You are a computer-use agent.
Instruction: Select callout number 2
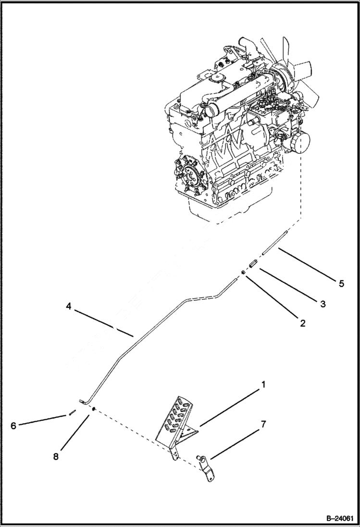pyautogui.click(x=302, y=323)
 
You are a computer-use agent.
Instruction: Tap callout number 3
pyautogui.click(x=323, y=304)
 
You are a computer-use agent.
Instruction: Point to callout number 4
pyautogui.click(x=69, y=306)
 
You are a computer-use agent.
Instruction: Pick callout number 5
pyautogui.click(x=341, y=283)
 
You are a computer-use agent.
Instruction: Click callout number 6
pyautogui.click(x=13, y=426)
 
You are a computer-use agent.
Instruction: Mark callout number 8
pyautogui.click(x=56, y=457)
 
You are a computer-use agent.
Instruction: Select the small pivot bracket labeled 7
pyautogui.click(x=207, y=470)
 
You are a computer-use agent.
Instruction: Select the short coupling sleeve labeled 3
pyautogui.click(x=252, y=264)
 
